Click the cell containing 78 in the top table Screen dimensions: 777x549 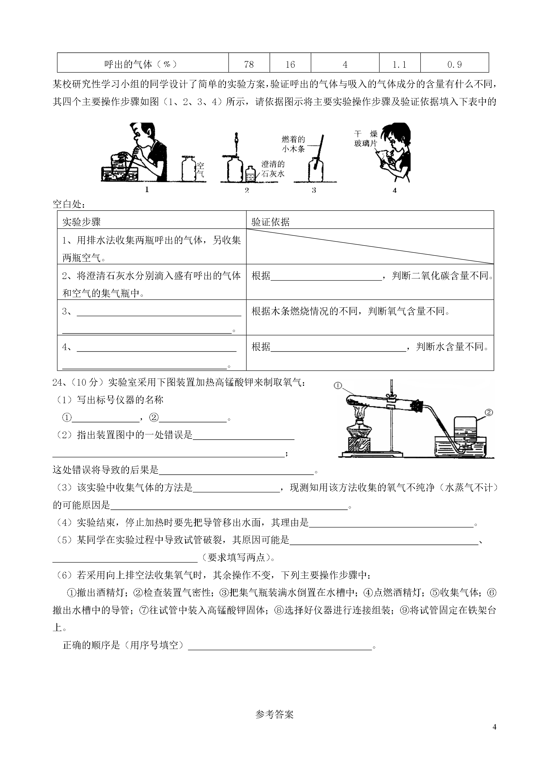[x=249, y=64]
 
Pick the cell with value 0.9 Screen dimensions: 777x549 [x=454, y=64]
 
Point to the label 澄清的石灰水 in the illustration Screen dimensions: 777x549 [x=273, y=169]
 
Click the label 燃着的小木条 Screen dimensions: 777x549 [x=293, y=144]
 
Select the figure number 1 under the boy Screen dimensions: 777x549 [x=147, y=190]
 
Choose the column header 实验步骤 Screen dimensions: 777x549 [x=81, y=222]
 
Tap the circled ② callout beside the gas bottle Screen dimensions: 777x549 [x=489, y=412]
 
